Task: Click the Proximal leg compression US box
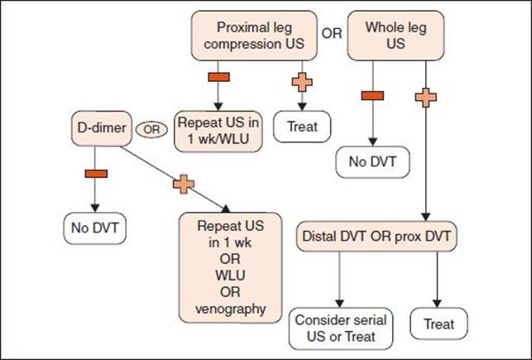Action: click(x=254, y=36)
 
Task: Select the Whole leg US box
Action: click(x=395, y=36)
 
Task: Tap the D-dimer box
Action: click(x=102, y=128)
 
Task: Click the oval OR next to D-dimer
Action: click(x=151, y=130)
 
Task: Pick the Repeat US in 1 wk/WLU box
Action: click(x=218, y=132)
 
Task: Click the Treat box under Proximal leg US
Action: click(x=302, y=127)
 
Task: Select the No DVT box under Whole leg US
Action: click(x=372, y=162)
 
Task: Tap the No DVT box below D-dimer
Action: click(x=94, y=228)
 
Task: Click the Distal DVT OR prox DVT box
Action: click(x=376, y=237)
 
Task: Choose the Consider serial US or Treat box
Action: click(x=341, y=329)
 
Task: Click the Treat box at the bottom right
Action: click(x=439, y=324)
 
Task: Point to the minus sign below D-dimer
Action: click(x=96, y=174)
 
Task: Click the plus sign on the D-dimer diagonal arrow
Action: click(x=184, y=185)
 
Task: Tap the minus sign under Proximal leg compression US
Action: click(x=218, y=77)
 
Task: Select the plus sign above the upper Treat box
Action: click(x=302, y=82)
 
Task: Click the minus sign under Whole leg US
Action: click(x=372, y=96)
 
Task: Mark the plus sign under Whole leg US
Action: click(x=426, y=98)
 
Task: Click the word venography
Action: click(x=230, y=309)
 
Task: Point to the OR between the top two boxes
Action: click(x=332, y=34)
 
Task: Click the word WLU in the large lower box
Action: click(x=230, y=276)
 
